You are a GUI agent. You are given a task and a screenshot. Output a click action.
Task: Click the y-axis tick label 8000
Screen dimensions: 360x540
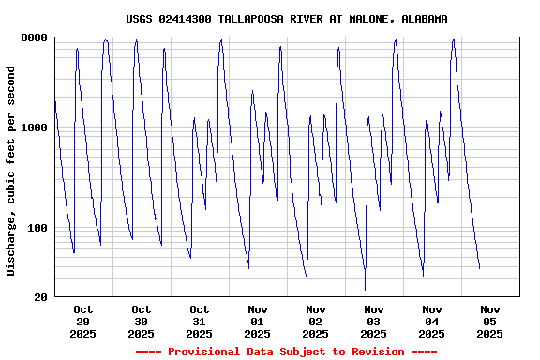[x=35, y=37]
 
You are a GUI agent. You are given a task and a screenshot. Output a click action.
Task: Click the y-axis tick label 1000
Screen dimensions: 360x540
[x=35, y=127]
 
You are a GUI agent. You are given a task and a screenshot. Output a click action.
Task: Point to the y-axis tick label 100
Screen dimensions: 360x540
[x=37, y=228]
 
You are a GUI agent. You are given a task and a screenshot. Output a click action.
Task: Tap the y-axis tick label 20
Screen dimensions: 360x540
[x=40, y=297]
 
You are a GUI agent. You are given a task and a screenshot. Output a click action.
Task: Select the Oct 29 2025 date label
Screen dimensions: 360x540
[x=83, y=321]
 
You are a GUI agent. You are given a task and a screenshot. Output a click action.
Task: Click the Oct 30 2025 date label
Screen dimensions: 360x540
[x=142, y=321]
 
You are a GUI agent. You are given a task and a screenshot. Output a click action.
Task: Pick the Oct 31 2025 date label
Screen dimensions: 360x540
[x=200, y=321]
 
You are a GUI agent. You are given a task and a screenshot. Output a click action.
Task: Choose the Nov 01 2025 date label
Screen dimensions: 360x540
[x=258, y=321]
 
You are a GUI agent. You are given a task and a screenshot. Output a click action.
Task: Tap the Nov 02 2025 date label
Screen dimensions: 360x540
[x=316, y=321]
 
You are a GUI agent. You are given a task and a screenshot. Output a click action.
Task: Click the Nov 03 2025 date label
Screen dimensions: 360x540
[x=374, y=321]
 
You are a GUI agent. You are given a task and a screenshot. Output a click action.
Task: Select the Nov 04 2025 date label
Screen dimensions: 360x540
[x=432, y=321]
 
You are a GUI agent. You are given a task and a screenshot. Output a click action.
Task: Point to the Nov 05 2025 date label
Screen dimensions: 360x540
[x=490, y=321]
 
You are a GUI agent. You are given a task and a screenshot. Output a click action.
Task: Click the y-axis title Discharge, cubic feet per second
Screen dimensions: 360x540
[x=11, y=171]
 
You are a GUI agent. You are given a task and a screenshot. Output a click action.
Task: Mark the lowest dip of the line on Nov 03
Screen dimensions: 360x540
[x=365, y=290]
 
